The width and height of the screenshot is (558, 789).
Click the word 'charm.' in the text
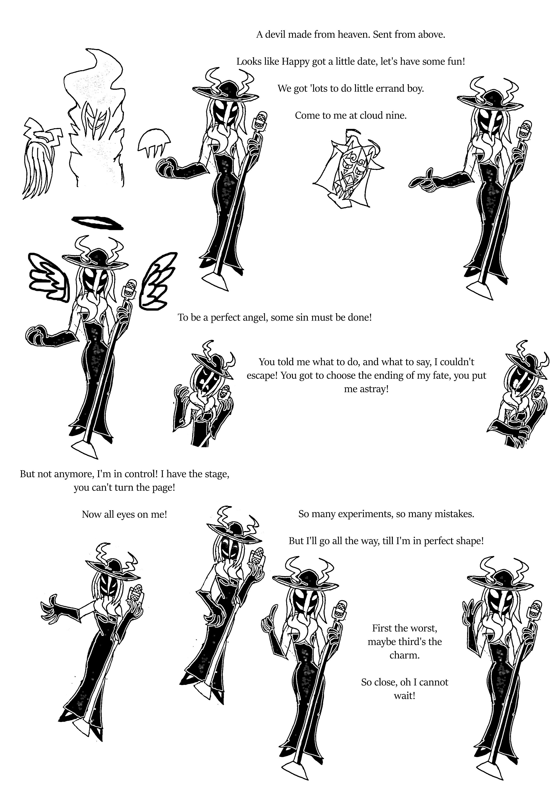coord(404,655)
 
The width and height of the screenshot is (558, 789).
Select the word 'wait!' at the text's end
coord(404,696)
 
